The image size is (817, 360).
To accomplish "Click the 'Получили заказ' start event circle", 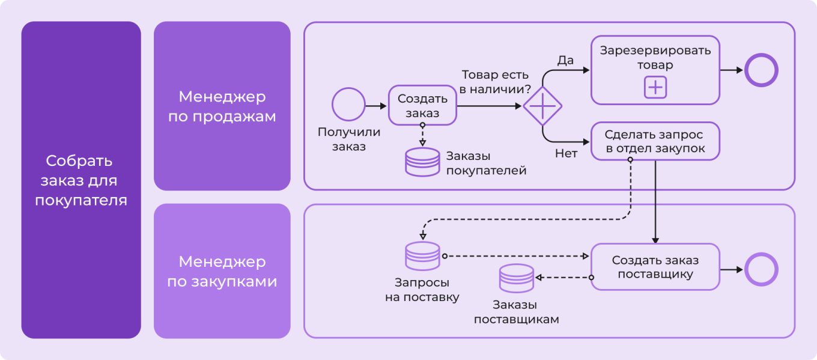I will click(348, 105).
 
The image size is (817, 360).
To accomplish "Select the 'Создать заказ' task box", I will click(422, 105).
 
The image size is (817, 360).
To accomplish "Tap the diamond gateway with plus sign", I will click(542, 106).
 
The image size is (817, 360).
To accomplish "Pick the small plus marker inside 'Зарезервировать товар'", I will click(655, 88).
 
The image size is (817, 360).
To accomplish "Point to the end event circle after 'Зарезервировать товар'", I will click(761, 70).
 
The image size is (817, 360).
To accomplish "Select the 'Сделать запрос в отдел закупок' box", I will click(655, 142).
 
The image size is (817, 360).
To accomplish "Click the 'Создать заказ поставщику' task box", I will click(655, 267).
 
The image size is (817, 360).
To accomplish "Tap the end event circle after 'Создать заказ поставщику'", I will click(761, 270).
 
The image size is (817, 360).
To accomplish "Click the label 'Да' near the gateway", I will click(565, 60).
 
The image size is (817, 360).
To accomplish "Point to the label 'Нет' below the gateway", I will click(566, 154).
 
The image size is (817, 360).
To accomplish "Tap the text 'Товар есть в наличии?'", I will click(495, 82).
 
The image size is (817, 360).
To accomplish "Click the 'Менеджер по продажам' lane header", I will click(222, 106).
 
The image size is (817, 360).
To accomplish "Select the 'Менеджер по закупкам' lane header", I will click(222, 271).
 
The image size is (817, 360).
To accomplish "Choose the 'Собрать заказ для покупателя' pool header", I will click(81, 180).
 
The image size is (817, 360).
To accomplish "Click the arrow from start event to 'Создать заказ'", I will click(377, 106).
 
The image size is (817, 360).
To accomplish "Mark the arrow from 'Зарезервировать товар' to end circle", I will click(731, 70).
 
